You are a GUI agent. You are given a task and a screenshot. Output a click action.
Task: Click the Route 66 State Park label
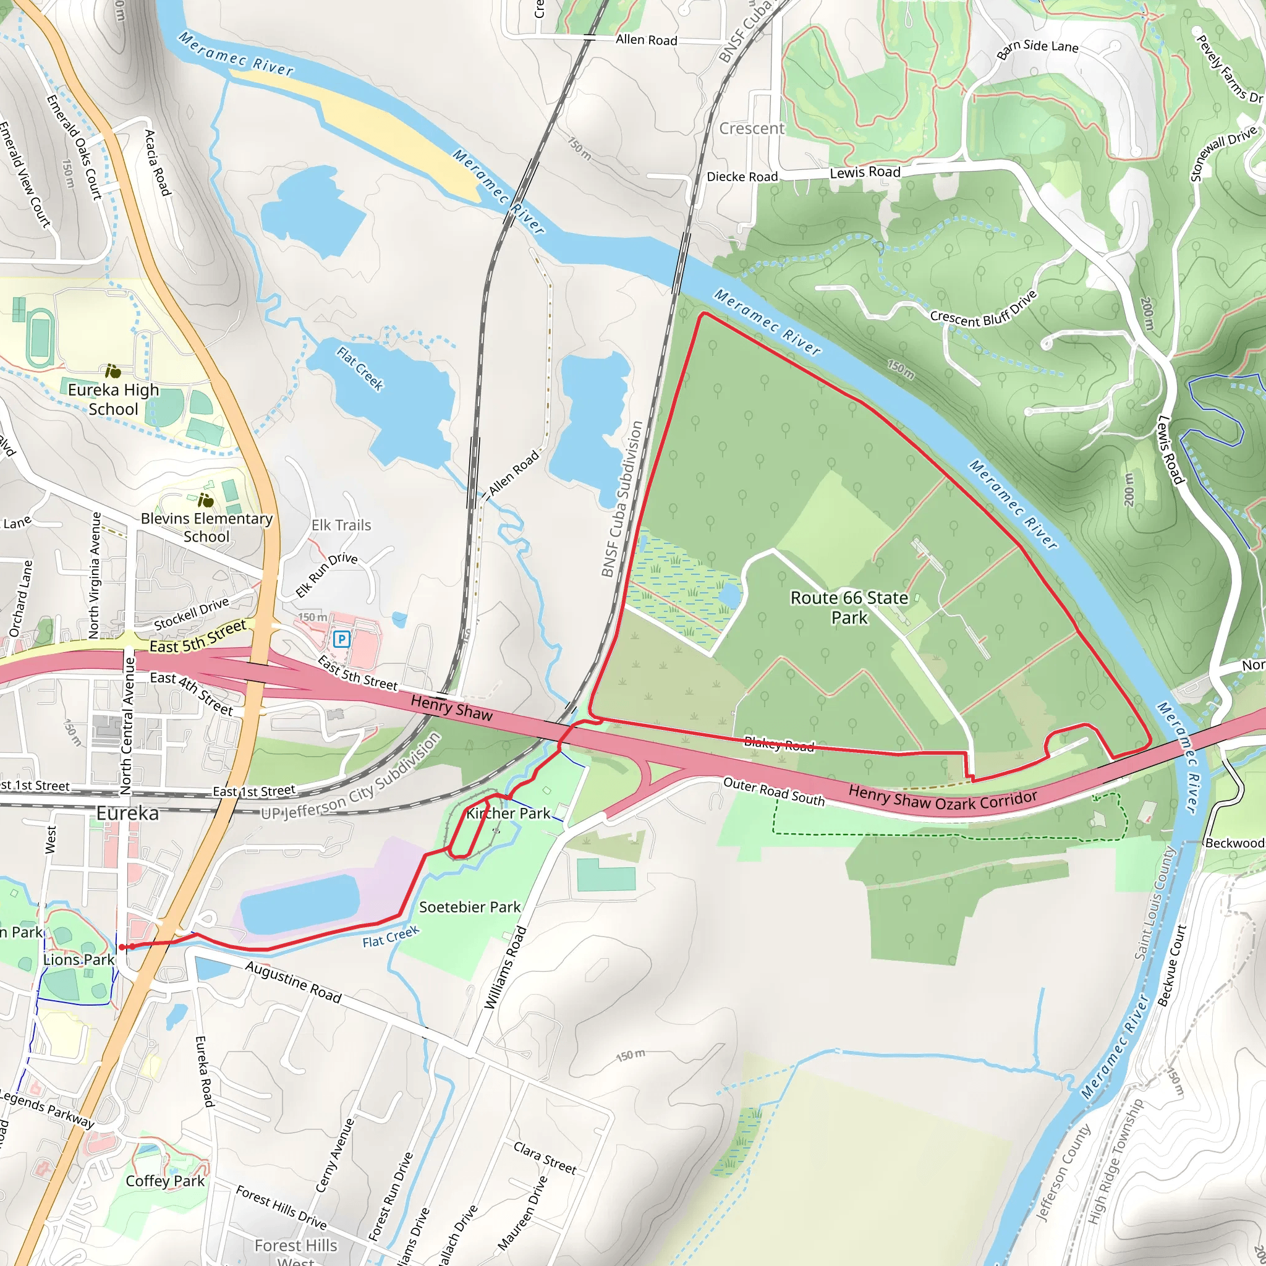tap(849, 608)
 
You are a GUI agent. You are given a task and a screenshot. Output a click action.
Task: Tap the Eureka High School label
tap(113, 399)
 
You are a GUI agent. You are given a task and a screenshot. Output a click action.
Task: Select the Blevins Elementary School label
tap(206, 527)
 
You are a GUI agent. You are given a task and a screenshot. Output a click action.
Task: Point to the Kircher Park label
tap(509, 814)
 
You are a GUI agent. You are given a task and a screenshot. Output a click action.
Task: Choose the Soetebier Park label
tap(470, 907)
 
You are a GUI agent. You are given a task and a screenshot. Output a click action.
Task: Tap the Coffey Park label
tap(165, 1181)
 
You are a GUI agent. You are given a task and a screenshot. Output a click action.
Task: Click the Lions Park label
tap(79, 959)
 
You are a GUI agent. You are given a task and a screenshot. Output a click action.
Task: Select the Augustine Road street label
tap(294, 982)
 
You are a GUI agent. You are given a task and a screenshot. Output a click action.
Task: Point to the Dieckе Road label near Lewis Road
tap(742, 177)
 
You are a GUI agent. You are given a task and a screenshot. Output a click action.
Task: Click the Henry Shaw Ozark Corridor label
tap(943, 801)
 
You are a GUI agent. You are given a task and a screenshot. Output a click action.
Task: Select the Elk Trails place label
tap(341, 525)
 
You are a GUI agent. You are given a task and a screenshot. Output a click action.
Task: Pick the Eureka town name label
tap(127, 814)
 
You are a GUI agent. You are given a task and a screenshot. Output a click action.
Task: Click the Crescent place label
tap(752, 129)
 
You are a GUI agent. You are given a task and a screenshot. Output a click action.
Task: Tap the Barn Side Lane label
tap(1037, 48)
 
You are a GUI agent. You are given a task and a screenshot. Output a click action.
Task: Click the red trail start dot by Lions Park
tap(122, 947)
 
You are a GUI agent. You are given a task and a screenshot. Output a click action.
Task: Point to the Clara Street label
tap(545, 1158)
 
